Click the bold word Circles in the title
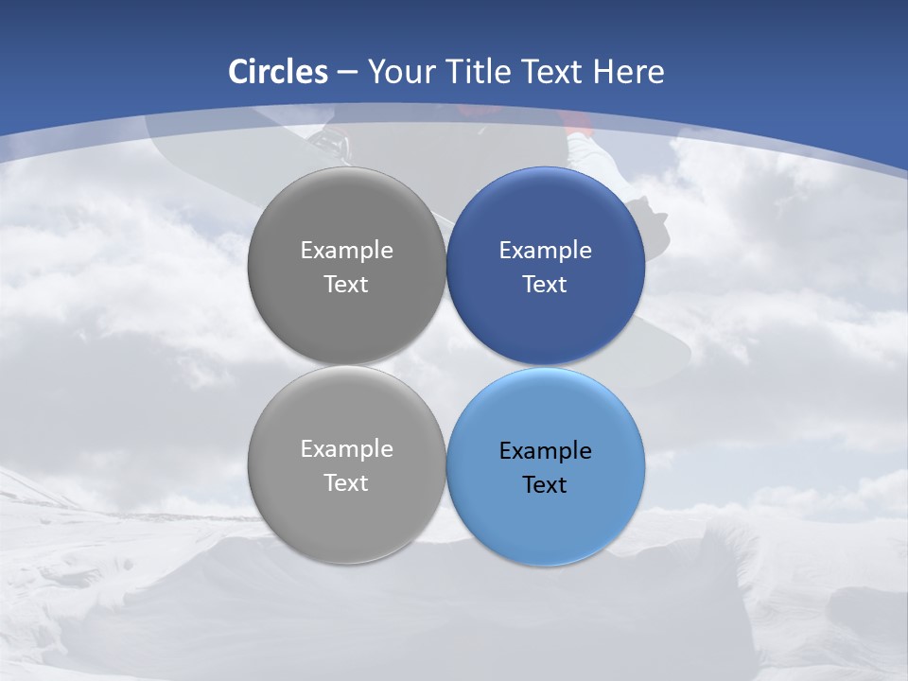coord(277,72)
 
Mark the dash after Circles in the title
coord(346,73)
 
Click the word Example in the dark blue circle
coord(545,251)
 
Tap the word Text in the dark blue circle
coord(545,285)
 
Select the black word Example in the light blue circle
coord(545,451)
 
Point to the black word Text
coord(545,485)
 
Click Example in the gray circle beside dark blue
coord(346,251)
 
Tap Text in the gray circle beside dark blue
coord(346,285)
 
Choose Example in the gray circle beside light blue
coord(346,449)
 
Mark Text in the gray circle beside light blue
coord(346,483)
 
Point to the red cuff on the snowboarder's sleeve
coord(576,120)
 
